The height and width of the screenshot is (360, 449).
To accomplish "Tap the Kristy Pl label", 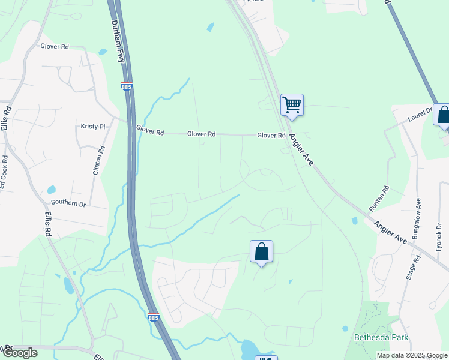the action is click(x=93, y=127).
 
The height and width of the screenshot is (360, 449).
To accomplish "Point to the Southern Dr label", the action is click(x=68, y=203).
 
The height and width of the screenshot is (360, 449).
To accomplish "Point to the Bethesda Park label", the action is click(x=381, y=338).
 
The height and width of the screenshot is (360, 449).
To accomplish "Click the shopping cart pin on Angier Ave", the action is click(x=292, y=105).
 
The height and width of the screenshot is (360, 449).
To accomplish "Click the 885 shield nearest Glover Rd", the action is click(x=126, y=87).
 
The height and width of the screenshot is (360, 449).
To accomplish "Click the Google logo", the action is click(x=20, y=353).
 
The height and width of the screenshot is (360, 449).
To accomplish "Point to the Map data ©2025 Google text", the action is click(x=411, y=355).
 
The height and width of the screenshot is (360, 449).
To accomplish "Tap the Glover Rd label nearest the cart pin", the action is click(x=271, y=136).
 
